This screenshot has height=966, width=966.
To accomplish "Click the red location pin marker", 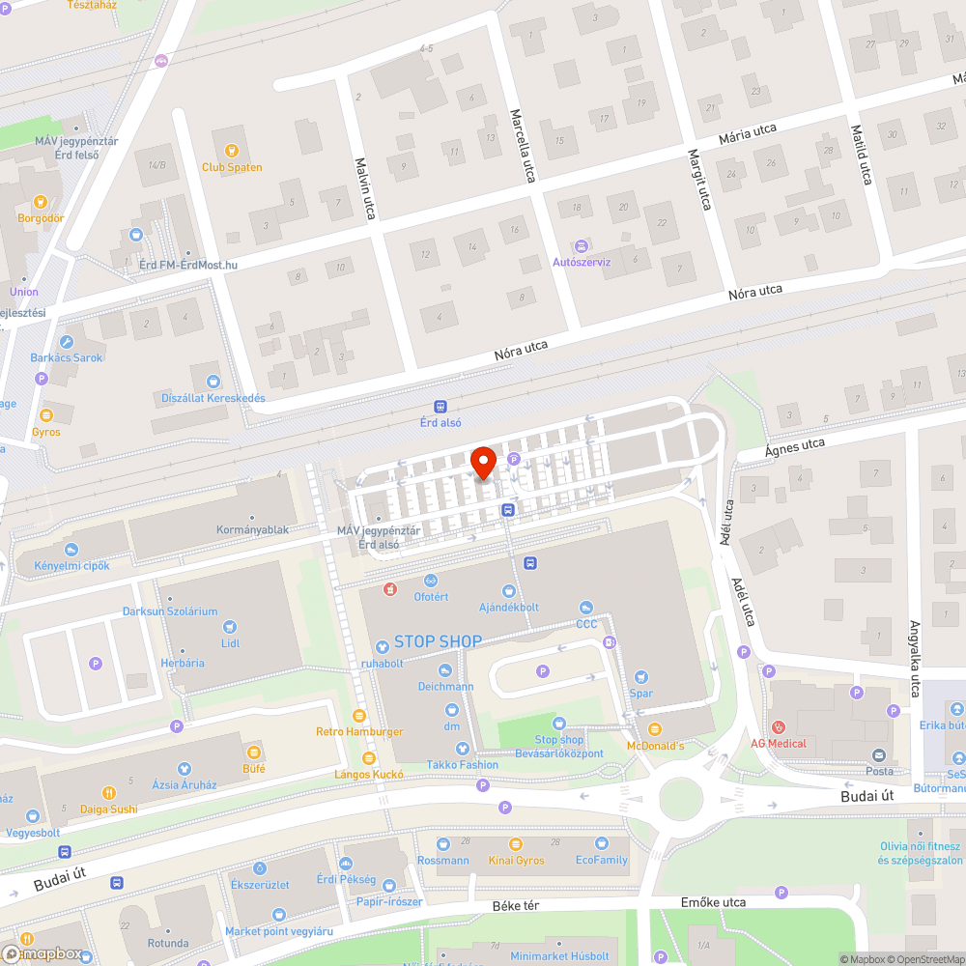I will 482,463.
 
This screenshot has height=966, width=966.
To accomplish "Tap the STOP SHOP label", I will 438,641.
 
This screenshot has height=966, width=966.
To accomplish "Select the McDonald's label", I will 655,745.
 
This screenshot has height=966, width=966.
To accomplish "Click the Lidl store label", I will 230,643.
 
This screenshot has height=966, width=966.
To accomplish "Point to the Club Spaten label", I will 232,167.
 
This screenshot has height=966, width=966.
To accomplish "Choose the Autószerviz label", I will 581,262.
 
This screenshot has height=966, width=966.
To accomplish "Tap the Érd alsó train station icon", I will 440,407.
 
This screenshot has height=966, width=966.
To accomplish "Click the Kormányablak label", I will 252,529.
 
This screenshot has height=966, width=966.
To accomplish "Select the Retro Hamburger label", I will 359,731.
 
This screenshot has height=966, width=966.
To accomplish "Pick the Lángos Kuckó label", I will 368,774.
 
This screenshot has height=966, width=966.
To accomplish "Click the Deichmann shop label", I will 445,687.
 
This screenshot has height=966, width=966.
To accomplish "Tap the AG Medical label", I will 779,743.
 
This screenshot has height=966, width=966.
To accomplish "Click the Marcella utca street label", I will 523,146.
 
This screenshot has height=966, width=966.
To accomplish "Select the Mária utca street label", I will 748,134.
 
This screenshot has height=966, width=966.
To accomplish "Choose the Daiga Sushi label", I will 108,809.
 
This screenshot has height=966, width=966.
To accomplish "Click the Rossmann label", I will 443,860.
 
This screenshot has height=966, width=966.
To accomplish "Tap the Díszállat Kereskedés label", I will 213,398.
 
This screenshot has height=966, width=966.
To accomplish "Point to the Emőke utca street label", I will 713,902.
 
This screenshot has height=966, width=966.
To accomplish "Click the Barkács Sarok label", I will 67,357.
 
